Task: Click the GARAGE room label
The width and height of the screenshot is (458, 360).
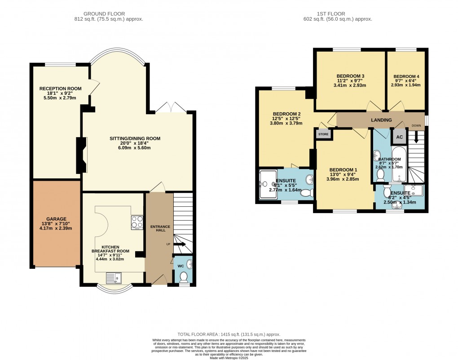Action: (53, 219)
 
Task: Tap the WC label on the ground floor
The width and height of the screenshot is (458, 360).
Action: (181, 266)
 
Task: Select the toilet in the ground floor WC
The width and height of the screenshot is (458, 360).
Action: (183, 278)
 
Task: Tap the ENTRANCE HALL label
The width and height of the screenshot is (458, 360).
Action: (159, 229)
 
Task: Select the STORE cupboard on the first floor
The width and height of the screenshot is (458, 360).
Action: (323, 134)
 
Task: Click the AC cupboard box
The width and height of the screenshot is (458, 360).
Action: (399, 137)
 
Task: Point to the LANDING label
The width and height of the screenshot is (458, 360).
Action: (381, 120)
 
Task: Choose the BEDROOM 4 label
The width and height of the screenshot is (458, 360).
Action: (406, 76)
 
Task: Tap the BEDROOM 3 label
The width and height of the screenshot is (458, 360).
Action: (350, 76)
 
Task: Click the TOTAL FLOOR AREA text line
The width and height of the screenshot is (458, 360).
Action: (229, 334)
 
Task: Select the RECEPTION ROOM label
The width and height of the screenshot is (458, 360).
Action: (56, 89)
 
